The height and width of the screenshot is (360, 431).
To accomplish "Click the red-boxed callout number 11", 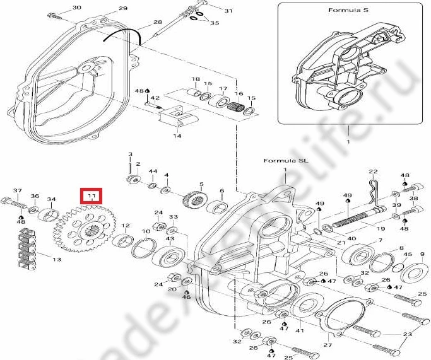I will point(93,197).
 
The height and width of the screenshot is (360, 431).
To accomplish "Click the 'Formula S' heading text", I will point(343,11).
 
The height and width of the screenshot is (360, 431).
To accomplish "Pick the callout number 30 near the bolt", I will point(77,8).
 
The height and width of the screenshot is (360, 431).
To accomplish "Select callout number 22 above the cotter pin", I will point(373,171).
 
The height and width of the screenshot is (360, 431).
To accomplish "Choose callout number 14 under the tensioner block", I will point(177,136).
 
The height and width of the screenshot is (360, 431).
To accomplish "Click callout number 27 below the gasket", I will point(327,345).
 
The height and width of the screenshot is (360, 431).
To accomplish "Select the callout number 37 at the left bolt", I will point(18,190).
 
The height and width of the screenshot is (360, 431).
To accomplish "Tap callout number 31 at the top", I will point(228,11).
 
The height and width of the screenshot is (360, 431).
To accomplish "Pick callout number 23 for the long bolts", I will point(406,335).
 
